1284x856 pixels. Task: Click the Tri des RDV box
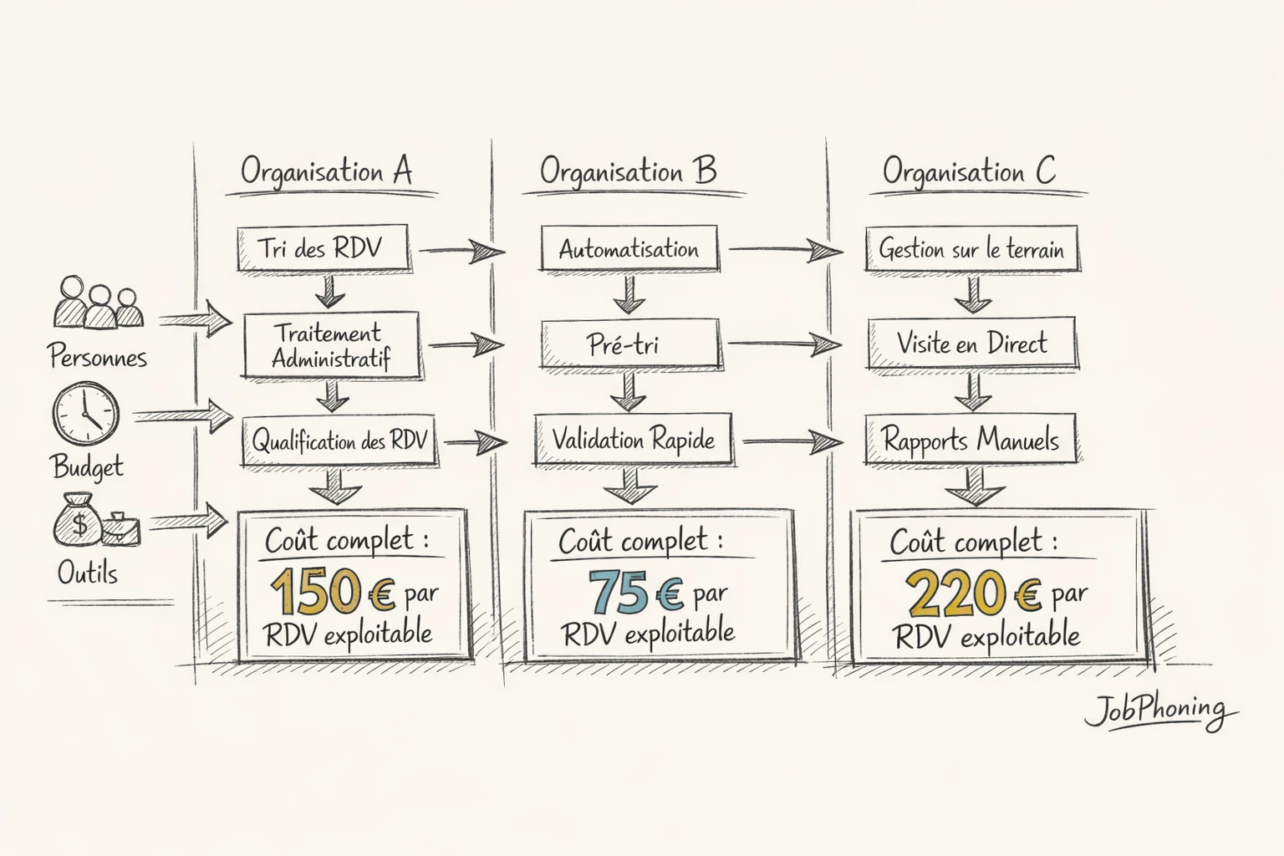coord(322,248)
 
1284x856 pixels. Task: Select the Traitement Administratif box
coord(331,345)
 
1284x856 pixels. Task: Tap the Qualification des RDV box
coord(339,441)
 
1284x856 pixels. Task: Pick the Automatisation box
coord(629,249)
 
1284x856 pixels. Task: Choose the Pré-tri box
coord(629,344)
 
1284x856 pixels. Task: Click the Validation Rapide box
coord(633,440)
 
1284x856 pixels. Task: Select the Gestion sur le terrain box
coord(971,249)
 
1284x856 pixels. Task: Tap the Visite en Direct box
coord(971,343)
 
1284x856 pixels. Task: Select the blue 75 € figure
coord(635,592)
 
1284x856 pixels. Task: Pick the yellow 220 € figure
coord(973,593)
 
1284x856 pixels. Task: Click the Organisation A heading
coord(326,171)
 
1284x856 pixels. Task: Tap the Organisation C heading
coord(969,171)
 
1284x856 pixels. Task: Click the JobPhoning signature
coord(1159,711)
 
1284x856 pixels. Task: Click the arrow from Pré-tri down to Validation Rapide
coord(629,391)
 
